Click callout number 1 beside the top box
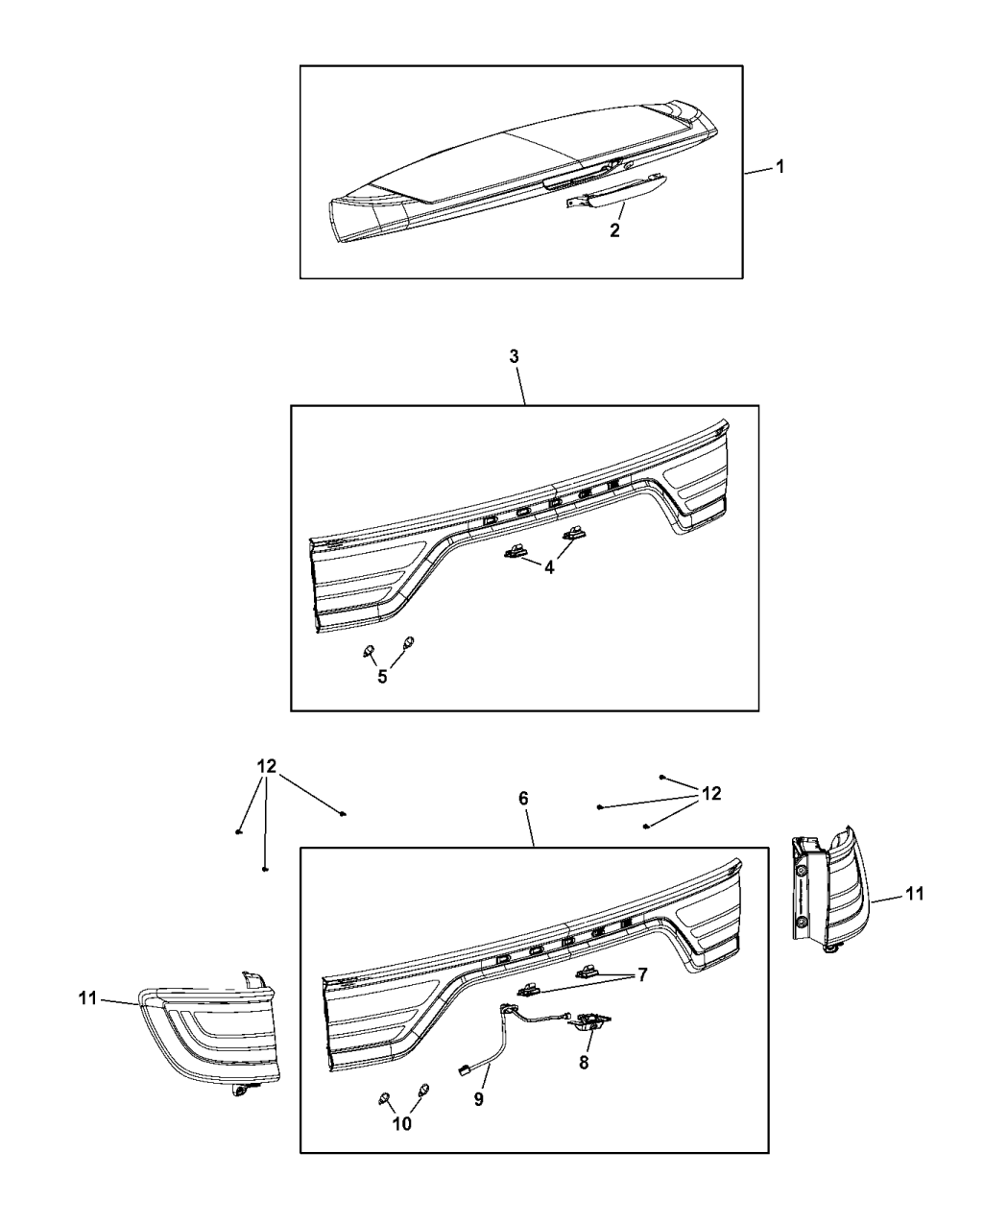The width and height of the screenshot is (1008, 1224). (780, 167)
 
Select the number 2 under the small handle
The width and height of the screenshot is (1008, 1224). (614, 230)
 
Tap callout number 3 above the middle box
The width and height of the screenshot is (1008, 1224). (514, 356)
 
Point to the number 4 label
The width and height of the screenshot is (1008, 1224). (549, 567)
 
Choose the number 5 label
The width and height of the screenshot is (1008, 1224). (382, 677)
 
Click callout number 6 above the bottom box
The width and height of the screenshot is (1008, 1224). (523, 799)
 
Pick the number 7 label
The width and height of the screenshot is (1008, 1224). (641, 974)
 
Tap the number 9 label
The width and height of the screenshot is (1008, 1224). (477, 1099)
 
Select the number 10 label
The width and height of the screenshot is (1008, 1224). (402, 1124)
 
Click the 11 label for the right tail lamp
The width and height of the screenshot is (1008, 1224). (915, 894)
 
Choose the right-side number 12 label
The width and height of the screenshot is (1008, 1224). (710, 794)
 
